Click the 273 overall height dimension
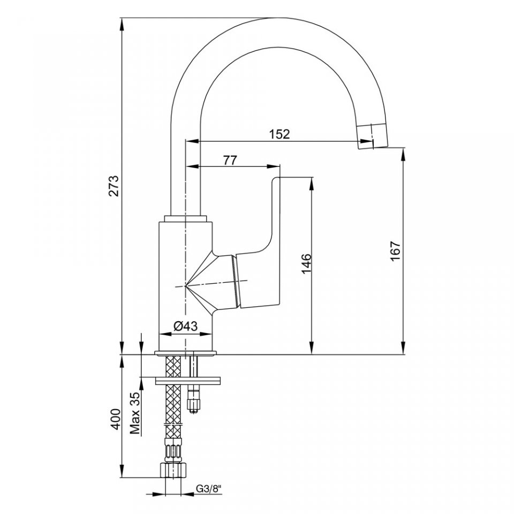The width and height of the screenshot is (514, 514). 114,186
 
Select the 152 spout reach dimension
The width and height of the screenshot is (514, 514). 279,134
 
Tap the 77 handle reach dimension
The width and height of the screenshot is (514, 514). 230,160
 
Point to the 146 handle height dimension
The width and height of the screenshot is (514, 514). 306,263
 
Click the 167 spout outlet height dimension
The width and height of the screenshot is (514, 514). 396,251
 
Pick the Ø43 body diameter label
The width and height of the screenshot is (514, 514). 186,326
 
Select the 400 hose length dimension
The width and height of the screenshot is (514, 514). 115,419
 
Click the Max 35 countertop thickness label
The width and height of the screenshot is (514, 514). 135,413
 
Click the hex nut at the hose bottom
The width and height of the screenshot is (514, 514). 173,471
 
